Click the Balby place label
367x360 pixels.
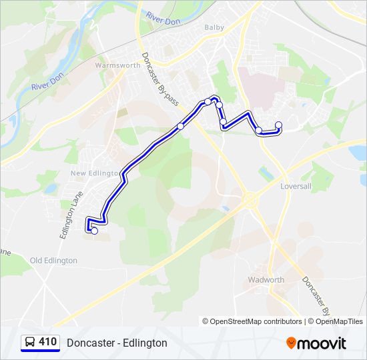214,27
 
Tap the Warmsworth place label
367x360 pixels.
117,65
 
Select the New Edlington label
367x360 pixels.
93,173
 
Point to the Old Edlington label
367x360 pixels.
54,260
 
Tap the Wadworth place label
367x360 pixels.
266,280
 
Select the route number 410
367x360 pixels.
47,342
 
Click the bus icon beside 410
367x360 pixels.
29,342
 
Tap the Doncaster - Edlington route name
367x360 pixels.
117,343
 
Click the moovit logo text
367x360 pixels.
322,343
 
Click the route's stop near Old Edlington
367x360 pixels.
94,231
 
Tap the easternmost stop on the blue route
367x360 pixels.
278,125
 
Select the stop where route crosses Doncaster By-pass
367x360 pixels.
180,126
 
